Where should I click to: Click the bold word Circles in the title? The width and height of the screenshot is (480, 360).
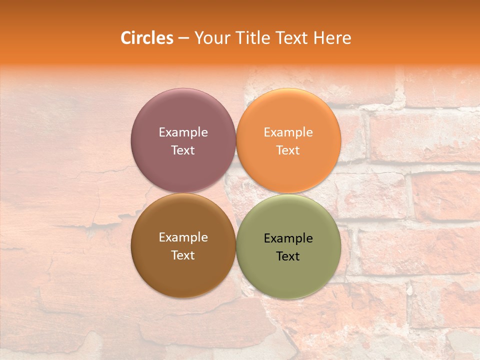[147, 38]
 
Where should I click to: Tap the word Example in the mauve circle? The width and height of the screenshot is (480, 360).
[183, 132]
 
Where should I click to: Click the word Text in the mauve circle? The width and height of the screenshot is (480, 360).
[183, 150]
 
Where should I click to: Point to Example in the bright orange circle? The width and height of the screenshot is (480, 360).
[288, 132]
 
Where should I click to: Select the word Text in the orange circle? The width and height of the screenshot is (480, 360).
[288, 150]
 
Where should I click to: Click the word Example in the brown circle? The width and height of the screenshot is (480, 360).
[183, 237]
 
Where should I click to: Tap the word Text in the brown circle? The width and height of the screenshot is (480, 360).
[183, 255]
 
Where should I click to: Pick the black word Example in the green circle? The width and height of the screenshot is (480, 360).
[288, 238]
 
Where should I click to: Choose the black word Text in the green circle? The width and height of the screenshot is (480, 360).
[288, 256]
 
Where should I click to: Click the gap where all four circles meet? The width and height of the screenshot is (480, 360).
[236, 193]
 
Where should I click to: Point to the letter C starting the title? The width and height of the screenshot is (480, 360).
[126, 38]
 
